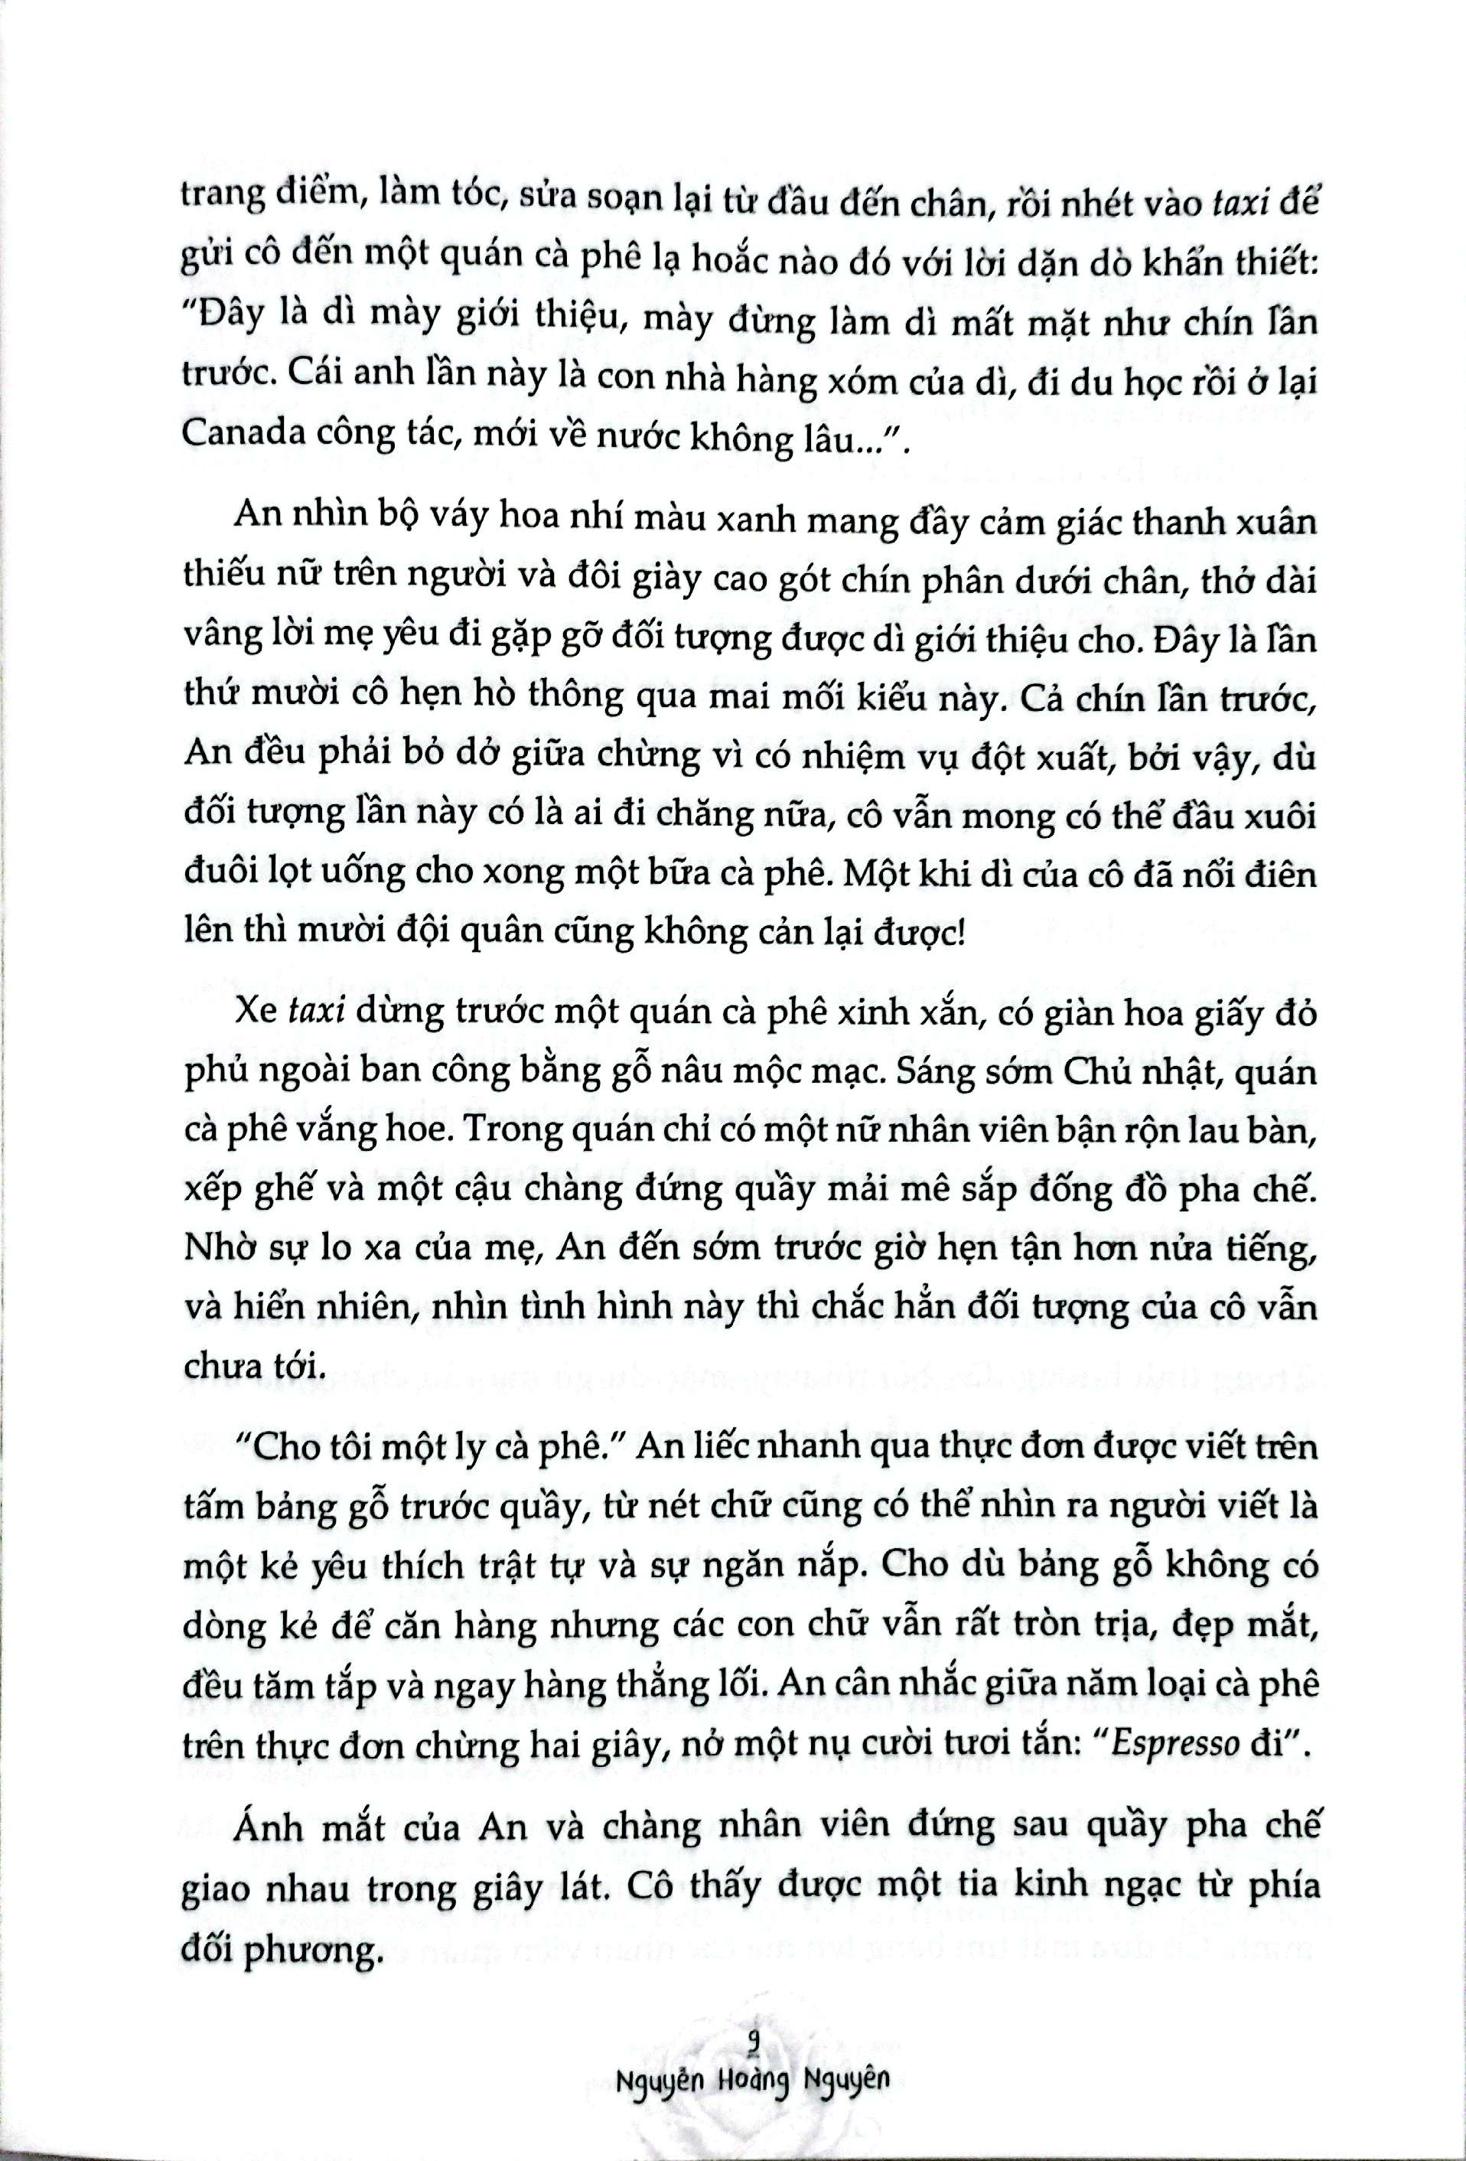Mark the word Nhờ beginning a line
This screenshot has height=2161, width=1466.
pos(220,1261)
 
